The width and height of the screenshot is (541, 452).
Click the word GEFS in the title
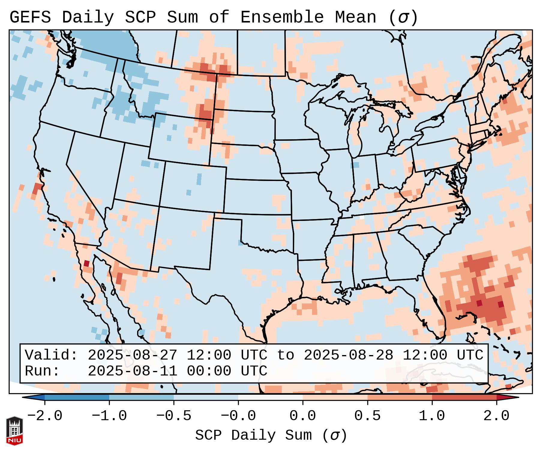(x=30, y=17)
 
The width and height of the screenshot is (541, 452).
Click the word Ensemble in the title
(x=282, y=17)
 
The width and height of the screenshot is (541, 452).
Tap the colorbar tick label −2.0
(x=45, y=416)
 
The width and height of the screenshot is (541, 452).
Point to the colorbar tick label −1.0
(x=109, y=416)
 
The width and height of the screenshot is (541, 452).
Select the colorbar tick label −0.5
(x=174, y=416)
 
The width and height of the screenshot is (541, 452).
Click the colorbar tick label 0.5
(x=368, y=416)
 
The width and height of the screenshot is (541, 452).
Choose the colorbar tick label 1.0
(x=432, y=416)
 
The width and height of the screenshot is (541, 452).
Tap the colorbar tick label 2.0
(x=497, y=416)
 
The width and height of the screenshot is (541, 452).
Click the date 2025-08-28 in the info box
(x=348, y=355)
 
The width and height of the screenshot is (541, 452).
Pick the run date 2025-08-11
(x=132, y=371)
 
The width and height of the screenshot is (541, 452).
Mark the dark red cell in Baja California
(x=86, y=264)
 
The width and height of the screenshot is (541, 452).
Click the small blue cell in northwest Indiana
(x=356, y=165)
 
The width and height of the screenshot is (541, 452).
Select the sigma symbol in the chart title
(x=403, y=17)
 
